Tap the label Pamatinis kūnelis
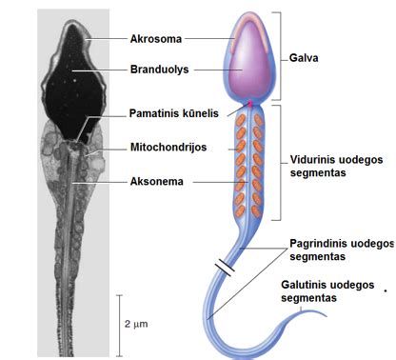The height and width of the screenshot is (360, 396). pyautogui.click(x=174, y=112)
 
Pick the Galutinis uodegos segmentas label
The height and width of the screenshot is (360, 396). pyautogui.click(x=322, y=290)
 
